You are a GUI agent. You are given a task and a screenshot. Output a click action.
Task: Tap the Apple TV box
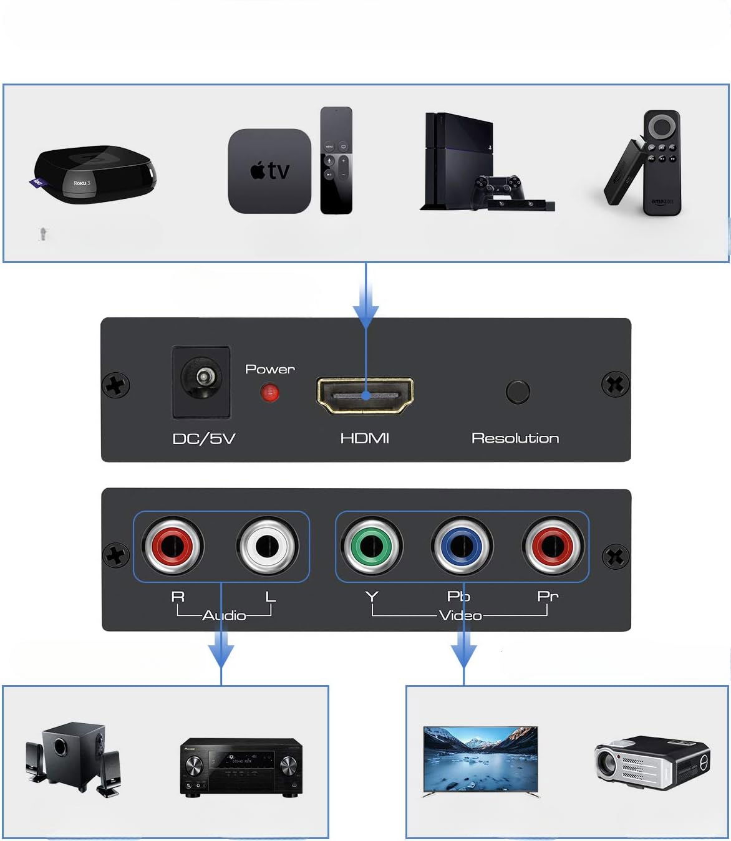[269, 171]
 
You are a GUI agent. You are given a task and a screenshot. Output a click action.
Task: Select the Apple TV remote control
[336, 160]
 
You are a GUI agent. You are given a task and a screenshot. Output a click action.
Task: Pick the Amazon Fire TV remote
[662, 163]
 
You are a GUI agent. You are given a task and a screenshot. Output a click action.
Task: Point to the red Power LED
[269, 393]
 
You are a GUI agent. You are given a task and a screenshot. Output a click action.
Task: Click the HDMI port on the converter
[365, 396]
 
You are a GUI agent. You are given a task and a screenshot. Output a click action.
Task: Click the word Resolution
[515, 438]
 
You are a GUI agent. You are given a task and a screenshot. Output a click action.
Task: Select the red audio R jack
[173, 547]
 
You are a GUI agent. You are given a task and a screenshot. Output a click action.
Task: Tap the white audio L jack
[268, 547]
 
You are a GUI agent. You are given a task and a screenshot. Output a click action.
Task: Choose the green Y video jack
[372, 547]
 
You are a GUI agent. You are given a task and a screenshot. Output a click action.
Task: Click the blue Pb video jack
[462, 547]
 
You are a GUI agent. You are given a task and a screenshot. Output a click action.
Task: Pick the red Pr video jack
[553, 547]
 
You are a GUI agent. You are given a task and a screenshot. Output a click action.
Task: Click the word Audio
[224, 615]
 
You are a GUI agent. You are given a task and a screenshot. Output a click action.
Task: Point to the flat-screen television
[480, 759]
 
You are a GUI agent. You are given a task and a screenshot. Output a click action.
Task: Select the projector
[651, 763]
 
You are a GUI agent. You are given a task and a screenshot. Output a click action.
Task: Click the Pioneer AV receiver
[241, 766]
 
